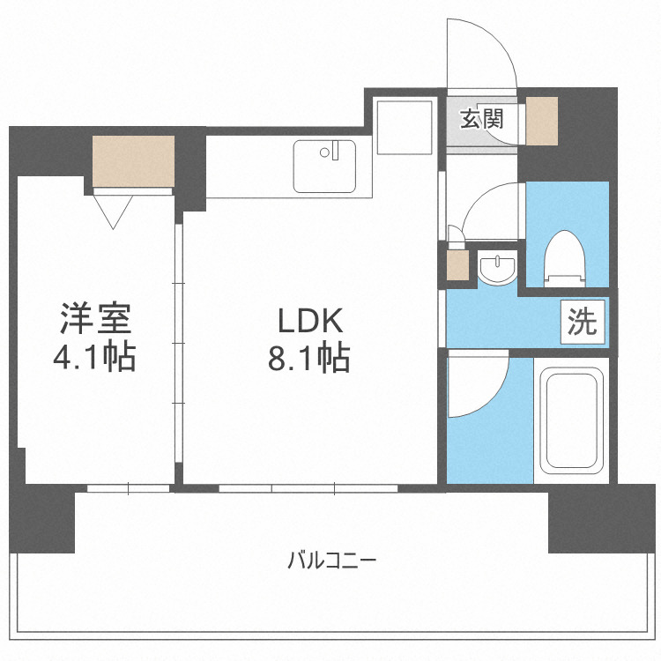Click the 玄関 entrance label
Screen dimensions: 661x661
pyautogui.click(x=480, y=119)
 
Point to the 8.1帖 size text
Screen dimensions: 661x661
pyautogui.click(x=309, y=358)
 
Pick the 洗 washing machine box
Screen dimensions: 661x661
pyautogui.click(x=582, y=322)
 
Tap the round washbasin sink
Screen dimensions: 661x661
pyautogui.click(x=499, y=268)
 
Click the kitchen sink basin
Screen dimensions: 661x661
pyautogui.click(x=324, y=166)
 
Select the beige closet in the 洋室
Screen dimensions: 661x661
pyautogui.click(x=133, y=161)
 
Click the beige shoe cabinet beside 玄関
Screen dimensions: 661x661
pyautogui.click(x=542, y=121)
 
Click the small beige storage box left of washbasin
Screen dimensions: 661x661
pyautogui.click(x=457, y=266)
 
